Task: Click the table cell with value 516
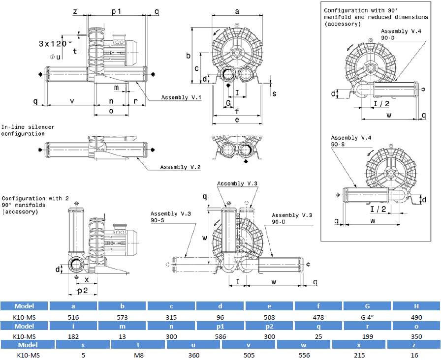pyautogui.click(x=73, y=317)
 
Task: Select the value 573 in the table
pyautogui.click(x=123, y=317)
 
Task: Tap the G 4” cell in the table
pyautogui.click(x=367, y=317)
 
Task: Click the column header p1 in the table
pyautogui.click(x=221, y=326)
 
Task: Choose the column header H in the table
pyautogui.click(x=416, y=305)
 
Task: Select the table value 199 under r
pyautogui.click(x=367, y=336)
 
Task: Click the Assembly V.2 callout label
pyautogui.click(x=180, y=167)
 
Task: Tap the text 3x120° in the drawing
pyautogui.click(x=55, y=43)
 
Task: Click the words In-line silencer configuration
pyautogui.click(x=28, y=130)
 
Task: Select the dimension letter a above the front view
pyautogui.click(x=237, y=10)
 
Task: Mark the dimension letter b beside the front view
pyautogui.click(x=188, y=56)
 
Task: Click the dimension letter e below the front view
pyautogui.click(x=237, y=120)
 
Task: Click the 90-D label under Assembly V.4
pyautogui.click(x=388, y=37)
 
